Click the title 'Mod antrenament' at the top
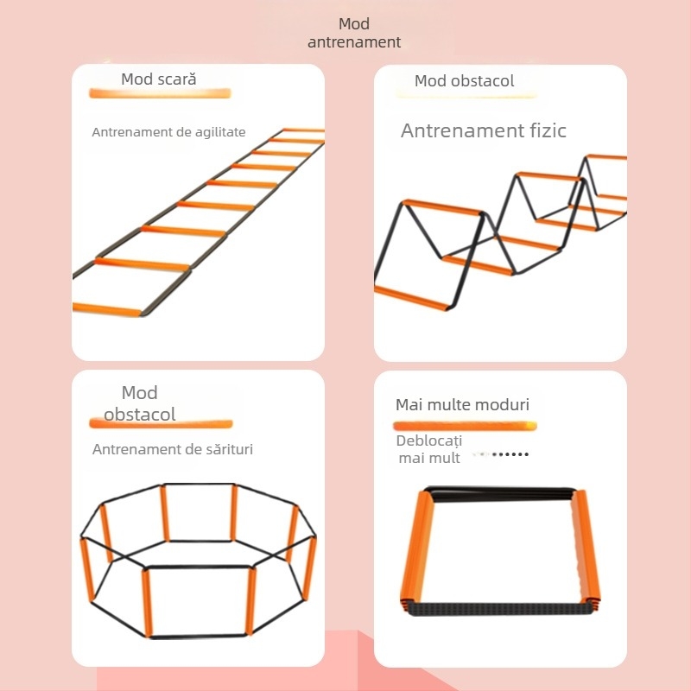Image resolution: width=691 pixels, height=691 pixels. tap(354, 33)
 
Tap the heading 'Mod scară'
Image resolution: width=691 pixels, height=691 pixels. tap(159, 79)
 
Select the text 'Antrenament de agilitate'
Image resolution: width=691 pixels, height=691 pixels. tap(168, 132)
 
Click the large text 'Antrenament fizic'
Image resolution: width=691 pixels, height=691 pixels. tap(484, 130)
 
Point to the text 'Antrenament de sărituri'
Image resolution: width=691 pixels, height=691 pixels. tap(172, 449)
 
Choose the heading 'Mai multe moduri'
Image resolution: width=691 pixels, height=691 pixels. tap(462, 404)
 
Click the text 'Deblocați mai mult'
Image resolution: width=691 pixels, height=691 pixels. tap(428, 449)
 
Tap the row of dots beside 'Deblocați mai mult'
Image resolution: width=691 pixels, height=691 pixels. tap(510, 454)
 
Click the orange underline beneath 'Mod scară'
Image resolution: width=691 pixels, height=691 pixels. tap(160, 93)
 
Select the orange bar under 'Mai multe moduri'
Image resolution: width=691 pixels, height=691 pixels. tap(465, 426)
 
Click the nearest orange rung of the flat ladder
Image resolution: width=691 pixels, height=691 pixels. tap(107, 309)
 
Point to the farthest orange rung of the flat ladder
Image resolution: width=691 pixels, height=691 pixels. tap(303, 130)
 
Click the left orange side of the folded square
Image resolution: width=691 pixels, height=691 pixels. tap(417, 550)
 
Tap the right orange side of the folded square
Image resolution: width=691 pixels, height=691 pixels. tap(586, 549)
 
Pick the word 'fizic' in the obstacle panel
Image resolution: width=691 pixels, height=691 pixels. tap(545, 130)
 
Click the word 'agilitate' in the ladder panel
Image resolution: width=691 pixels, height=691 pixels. tap(220, 132)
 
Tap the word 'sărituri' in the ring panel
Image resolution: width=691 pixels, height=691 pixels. tap(229, 449)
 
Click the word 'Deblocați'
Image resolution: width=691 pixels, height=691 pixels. tap(428, 441)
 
